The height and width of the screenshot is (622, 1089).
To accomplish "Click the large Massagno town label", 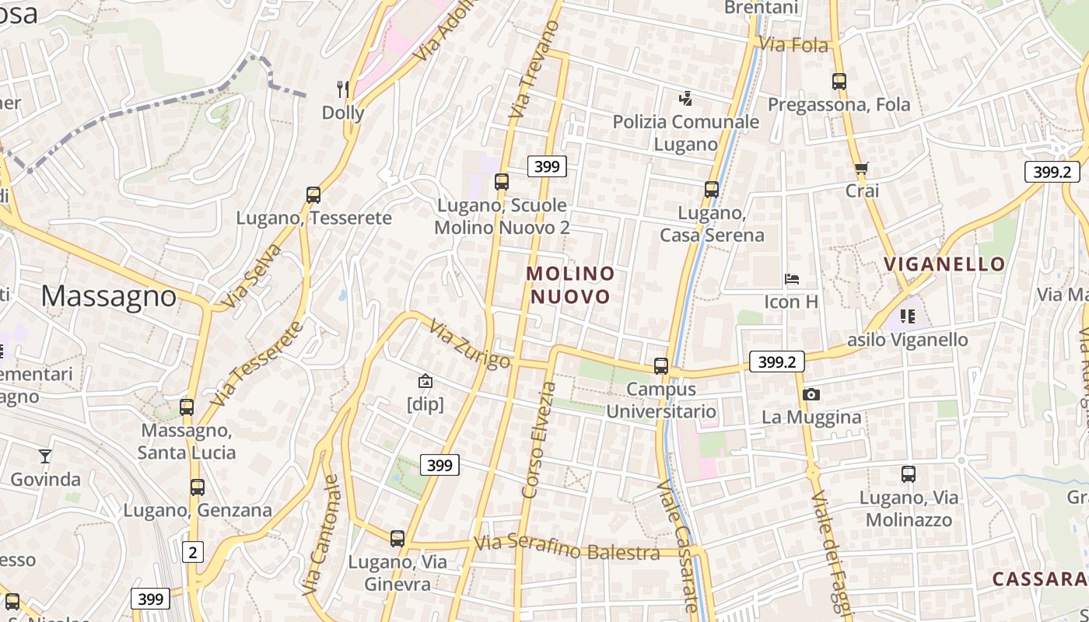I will coord(109,295).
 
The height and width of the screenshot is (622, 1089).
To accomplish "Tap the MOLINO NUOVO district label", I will coord(570,285).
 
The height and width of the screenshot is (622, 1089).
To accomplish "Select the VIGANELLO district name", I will coord(944,264).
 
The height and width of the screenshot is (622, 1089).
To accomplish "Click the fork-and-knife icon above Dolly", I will coord(342,89).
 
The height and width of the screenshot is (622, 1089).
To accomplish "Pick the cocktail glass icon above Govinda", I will coord(45,456).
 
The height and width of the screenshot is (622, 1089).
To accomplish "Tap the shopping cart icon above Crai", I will coord(861,168).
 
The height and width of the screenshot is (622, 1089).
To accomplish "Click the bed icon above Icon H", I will coord(792,279).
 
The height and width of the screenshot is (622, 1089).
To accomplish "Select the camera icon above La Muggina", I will coord(811,394).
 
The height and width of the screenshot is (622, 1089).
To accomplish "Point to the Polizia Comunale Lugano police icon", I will coord(685,99).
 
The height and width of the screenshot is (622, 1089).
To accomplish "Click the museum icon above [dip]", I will coord(425,381).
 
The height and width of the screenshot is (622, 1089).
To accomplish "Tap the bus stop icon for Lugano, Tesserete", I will coord(313,194).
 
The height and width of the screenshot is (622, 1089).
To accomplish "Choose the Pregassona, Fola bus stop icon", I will coord(839,81).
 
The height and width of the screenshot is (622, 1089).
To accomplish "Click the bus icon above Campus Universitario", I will coord(661,365).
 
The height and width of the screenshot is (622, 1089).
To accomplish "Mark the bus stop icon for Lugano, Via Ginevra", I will coord(397,538).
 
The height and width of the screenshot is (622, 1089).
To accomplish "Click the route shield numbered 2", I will coord(192,552).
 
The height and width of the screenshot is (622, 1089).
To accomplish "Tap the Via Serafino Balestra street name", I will coord(567,547).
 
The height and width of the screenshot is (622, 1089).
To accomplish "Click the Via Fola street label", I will coord(793,45).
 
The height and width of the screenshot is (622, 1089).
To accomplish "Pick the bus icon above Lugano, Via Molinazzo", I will coord(909,473).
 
